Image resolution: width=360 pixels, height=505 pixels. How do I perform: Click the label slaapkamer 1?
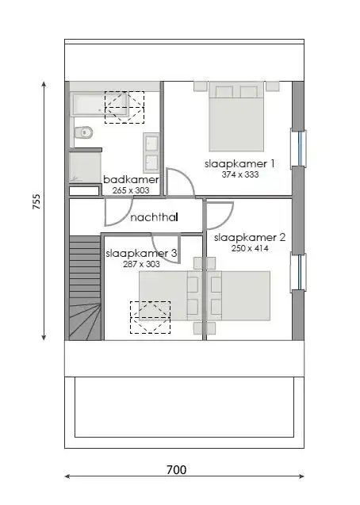(x=239, y=163)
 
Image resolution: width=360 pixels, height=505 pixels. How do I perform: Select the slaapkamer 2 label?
(x=250, y=237)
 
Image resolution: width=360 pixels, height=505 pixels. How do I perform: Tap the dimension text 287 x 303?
(x=141, y=264)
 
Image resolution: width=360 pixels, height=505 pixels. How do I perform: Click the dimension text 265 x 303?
(x=132, y=190)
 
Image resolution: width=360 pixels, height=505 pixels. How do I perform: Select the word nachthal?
(x=154, y=217)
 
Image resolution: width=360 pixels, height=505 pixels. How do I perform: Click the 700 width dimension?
(x=177, y=469)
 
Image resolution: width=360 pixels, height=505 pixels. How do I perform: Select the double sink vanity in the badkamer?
(x=151, y=151)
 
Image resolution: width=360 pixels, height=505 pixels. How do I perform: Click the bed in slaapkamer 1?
(x=236, y=120)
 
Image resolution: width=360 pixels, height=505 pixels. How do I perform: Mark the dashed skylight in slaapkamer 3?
(x=150, y=317)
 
